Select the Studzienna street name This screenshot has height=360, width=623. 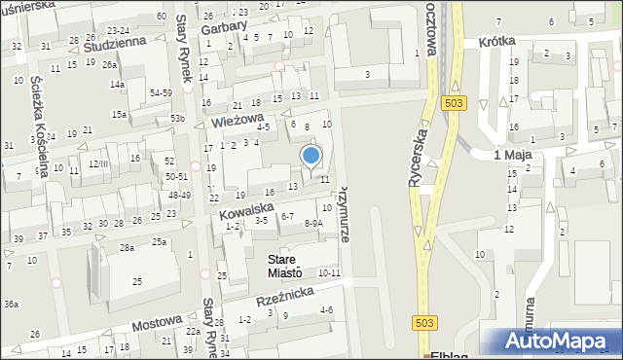115,44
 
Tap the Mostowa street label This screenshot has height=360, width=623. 157,322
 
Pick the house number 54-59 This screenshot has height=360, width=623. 162,92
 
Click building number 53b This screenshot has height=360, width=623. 177,118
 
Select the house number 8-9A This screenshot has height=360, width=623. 313,223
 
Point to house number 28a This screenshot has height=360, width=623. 128,248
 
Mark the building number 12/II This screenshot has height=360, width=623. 98,163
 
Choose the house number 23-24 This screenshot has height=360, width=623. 119,30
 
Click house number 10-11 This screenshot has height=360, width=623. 329,272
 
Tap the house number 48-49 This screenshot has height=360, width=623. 178,195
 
